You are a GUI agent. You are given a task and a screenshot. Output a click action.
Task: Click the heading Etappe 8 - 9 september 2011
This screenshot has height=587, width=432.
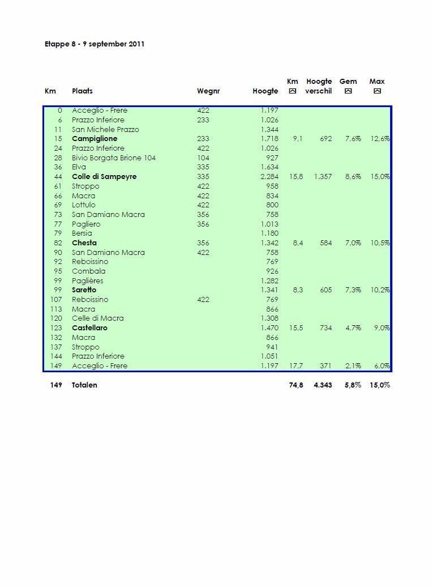[95, 44]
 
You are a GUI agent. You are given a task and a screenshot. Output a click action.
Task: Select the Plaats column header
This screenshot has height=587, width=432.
[82, 91]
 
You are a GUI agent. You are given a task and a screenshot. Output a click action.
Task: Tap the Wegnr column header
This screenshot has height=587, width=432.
[208, 91]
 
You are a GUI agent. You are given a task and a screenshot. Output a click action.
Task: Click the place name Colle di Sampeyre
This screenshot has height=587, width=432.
[104, 177]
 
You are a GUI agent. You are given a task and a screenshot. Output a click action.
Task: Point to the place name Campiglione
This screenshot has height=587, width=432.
[95, 139]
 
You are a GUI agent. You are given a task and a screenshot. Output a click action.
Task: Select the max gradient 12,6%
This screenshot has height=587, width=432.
[380, 139]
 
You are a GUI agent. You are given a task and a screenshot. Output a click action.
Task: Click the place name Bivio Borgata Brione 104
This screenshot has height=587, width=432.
[113, 158]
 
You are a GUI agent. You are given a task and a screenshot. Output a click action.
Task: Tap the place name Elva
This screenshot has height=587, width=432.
[79, 167]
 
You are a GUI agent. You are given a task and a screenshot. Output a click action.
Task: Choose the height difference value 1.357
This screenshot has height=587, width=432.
[323, 177]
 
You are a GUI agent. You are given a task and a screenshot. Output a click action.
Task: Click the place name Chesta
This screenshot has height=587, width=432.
[84, 243]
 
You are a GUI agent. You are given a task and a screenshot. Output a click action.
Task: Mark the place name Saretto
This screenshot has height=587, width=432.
[84, 290]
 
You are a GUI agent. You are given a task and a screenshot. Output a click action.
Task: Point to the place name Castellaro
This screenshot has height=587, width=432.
[89, 328]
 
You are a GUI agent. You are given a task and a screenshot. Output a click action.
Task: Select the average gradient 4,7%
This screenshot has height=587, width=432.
[353, 328]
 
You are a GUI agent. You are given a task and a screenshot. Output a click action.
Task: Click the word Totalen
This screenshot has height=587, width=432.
[84, 385]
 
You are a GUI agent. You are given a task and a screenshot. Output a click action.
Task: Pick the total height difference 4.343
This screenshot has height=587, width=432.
[323, 385]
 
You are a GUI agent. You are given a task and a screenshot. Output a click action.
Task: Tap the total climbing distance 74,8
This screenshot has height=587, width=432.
[296, 385]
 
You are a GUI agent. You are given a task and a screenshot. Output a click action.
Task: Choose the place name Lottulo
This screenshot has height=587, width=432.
[84, 205]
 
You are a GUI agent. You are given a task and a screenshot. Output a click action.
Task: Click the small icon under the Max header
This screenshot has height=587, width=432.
[377, 91]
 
